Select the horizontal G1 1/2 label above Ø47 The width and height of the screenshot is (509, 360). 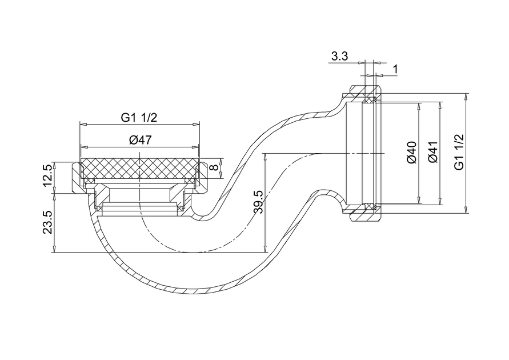point(139,117)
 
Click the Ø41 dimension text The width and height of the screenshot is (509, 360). point(432,153)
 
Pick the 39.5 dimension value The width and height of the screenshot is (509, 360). point(258,202)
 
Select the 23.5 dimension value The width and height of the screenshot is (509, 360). point(48,222)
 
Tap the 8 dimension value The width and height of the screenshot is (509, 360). point(213,167)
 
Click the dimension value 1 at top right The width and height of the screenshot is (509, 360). point(395,69)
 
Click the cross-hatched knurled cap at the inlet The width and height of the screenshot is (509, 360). point(140,168)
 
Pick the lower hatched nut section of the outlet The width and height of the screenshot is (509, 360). point(365,215)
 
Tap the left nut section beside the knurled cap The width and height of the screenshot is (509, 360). point(75,178)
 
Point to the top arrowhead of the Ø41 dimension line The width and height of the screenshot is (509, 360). point(440,105)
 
